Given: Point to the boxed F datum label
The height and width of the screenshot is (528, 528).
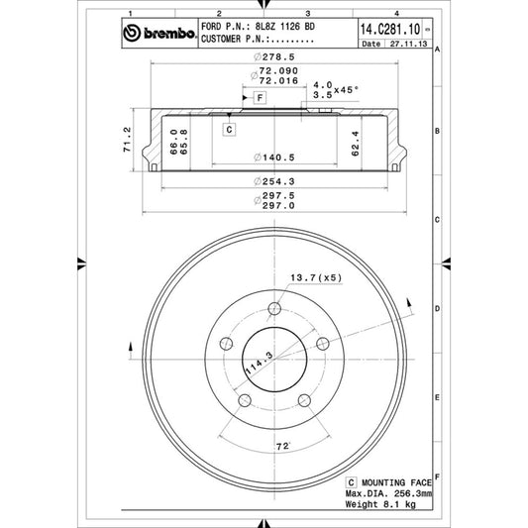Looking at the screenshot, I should [x=257, y=98].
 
